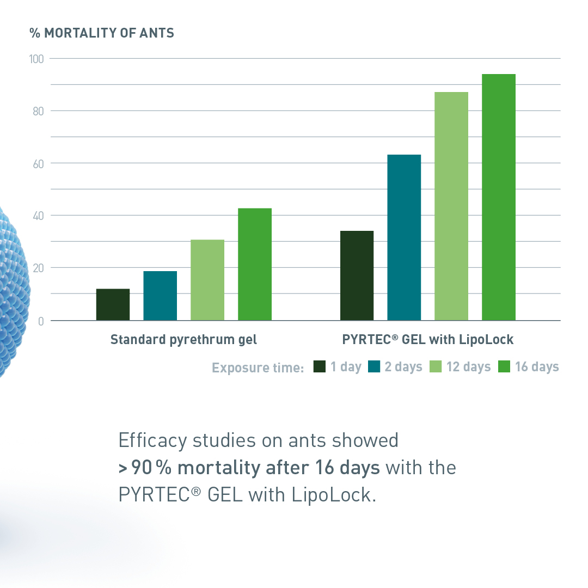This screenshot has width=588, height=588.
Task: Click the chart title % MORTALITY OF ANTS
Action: (102, 33)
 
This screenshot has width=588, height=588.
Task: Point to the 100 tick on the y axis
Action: (36, 59)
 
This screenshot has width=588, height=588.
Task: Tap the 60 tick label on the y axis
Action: (38, 164)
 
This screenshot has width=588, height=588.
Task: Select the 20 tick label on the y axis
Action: (38, 268)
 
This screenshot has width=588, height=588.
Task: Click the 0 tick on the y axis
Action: (41, 321)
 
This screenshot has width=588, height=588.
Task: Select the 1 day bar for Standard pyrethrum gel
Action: (113, 304)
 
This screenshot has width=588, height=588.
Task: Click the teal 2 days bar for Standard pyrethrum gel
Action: (160, 296)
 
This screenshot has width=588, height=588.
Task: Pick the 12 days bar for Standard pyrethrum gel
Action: (207, 280)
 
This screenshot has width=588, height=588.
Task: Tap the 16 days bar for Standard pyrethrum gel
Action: (255, 264)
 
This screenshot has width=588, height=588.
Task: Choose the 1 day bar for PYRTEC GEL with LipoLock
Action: (357, 275)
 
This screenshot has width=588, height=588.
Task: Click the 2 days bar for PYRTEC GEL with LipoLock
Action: (404, 237)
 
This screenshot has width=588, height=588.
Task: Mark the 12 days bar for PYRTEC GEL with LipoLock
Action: (451, 206)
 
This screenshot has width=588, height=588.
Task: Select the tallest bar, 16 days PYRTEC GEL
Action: (498, 197)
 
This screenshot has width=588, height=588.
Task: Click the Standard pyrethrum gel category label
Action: (183, 340)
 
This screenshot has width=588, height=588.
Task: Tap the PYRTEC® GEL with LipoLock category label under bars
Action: (427, 339)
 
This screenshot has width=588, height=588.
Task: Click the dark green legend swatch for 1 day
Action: (320, 366)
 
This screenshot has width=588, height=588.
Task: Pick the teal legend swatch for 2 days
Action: (374, 366)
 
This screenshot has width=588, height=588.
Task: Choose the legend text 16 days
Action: (537, 367)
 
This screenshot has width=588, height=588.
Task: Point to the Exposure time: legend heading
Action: (258, 368)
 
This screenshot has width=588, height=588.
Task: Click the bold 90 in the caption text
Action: (142, 468)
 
